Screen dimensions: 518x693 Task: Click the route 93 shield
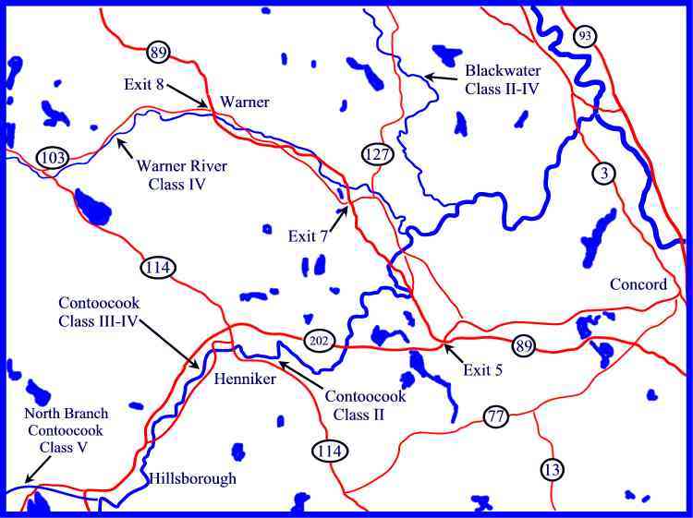point(584,36)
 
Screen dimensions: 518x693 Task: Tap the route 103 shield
point(53,158)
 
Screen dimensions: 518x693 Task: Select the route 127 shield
point(376,154)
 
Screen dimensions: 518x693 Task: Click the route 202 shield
point(317,342)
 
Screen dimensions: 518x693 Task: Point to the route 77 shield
point(496,416)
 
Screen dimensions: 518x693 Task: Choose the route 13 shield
point(552,470)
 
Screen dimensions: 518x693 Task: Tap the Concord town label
point(638,284)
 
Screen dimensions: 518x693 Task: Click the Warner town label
point(245,102)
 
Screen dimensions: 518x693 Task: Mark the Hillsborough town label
point(193,478)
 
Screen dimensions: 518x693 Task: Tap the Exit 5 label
point(483,371)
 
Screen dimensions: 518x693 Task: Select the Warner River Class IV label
point(181,175)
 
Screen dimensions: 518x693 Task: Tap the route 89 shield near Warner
point(157,52)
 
